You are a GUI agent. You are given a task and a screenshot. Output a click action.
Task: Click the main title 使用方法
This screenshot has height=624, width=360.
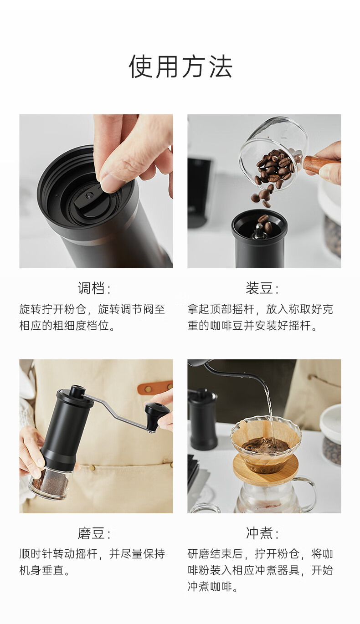tap(180, 66)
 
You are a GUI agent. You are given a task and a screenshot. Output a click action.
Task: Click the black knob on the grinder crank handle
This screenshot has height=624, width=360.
tap(157, 414)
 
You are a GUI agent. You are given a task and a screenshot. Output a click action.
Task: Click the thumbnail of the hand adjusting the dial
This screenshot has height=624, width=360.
tap(96, 191)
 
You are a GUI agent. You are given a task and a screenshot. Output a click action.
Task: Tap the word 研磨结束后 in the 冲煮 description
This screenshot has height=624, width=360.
tap(215, 554)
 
